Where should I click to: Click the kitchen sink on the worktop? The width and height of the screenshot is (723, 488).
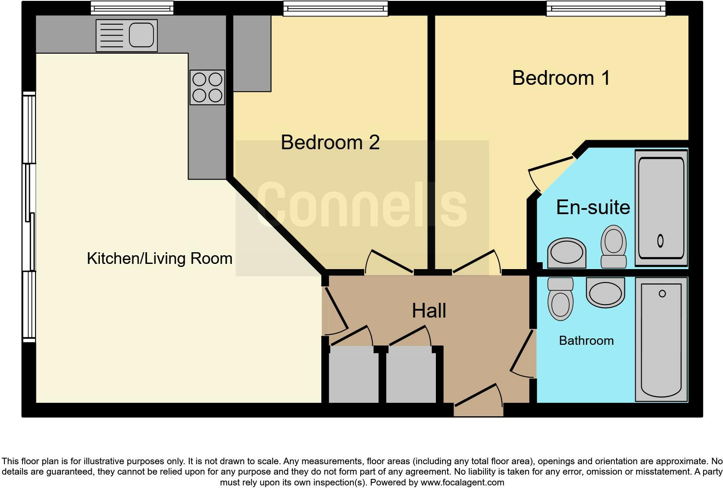tap(127, 35)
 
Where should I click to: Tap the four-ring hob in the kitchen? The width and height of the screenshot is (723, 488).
tap(207, 87)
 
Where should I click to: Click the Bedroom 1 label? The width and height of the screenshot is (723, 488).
tap(561, 78)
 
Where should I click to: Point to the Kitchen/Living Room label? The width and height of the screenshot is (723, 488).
tap(160, 258)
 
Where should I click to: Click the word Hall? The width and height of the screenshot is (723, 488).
tap(429, 311)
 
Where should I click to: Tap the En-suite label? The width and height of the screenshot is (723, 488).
tap(593, 207)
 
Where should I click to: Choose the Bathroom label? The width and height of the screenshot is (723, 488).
tap(586, 341)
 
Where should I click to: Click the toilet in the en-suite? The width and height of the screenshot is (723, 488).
tap(614, 247)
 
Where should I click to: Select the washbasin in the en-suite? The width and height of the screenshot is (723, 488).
tap(567, 253)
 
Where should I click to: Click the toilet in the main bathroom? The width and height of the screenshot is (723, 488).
tap(561, 299)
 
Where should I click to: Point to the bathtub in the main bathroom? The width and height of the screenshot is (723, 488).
tap(661, 340)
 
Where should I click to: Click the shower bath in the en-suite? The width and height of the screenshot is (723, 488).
tap(661, 208)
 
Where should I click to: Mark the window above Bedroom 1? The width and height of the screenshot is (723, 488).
tap(606, 8)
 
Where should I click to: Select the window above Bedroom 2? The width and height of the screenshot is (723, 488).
tap(336, 8)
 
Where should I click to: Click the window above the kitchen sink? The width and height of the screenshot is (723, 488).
tap(132, 8)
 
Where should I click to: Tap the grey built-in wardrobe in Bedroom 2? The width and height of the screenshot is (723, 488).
tap(252, 54)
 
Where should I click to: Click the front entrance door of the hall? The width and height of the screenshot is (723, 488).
tap(478, 401)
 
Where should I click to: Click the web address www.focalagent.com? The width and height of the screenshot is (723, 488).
tap(463, 482)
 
